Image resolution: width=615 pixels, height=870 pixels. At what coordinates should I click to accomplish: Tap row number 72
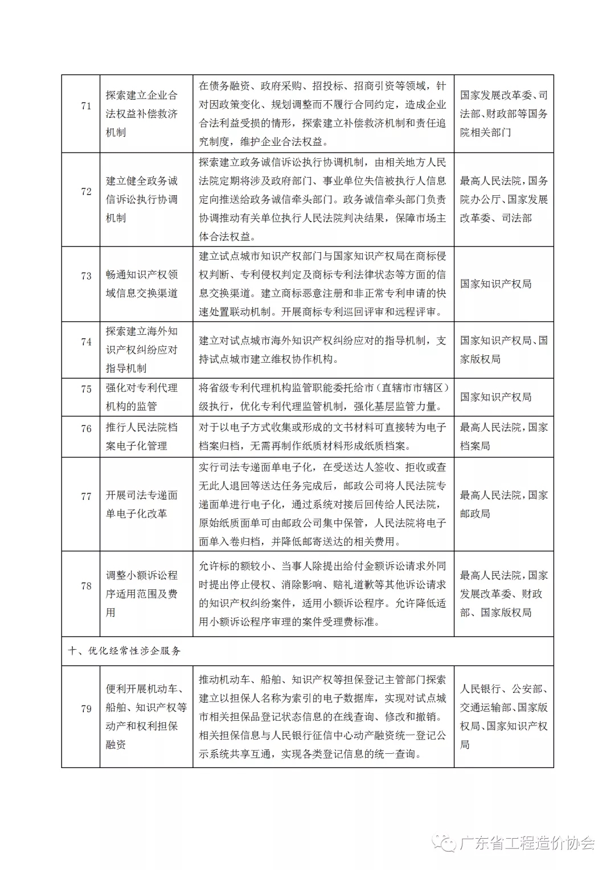pyautogui.click(x=86, y=192)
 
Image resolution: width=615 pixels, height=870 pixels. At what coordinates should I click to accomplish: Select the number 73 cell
pyautogui.click(x=86, y=276)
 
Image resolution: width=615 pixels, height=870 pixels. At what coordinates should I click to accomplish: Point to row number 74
pyautogui.click(x=86, y=342)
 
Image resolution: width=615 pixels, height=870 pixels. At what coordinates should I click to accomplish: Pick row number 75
pyautogui.click(x=86, y=389)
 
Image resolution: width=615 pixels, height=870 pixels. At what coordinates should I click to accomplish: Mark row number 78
pyautogui.click(x=86, y=586)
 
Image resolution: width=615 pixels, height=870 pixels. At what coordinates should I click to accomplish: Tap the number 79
pyautogui.click(x=86, y=709)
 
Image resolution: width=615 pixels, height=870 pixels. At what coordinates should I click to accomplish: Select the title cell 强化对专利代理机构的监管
pyautogui.click(x=142, y=397)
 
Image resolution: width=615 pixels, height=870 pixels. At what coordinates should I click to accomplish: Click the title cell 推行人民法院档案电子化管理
pyautogui.click(x=142, y=436)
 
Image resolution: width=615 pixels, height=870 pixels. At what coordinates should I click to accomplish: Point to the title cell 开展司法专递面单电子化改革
pyautogui.click(x=142, y=504)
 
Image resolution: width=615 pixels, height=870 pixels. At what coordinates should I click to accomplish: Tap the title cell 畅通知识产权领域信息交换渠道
pyautogui.click(x=142, y=284)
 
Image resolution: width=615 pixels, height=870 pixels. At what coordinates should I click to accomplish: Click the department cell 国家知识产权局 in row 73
pyautogui.click(x=496, y=284)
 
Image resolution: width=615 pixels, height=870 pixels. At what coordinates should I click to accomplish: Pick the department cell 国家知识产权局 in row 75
pyautogui.click(x=496, y=397)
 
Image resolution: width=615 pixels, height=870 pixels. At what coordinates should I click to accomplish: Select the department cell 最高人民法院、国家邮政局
pyautogui.click(x=503, y=504)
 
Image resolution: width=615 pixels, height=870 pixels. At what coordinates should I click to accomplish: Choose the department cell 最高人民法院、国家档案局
pyautogui.click(x=503, y=436)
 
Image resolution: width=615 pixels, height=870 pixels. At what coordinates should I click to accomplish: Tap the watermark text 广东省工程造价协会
pyautogui.click(x=527, y=843)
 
